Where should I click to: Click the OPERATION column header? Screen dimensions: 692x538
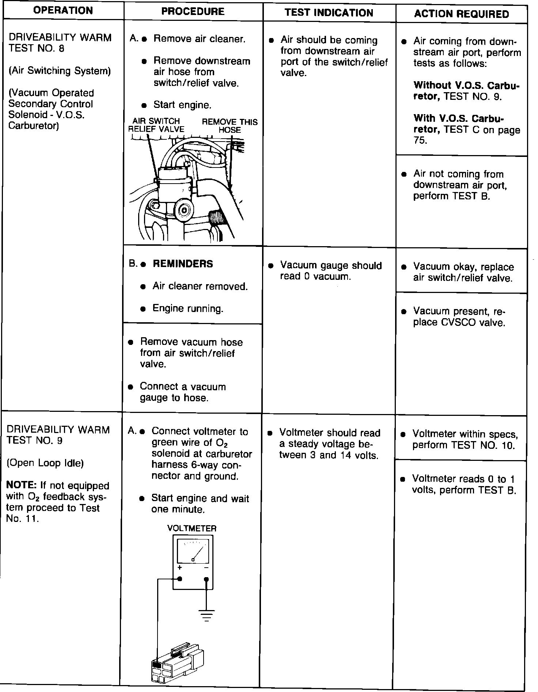click(63, 10)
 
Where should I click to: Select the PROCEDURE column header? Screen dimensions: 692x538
click(193, 11)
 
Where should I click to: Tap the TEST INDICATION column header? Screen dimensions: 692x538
click(329, 13)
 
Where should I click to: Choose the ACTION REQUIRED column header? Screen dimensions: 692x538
click(461, 14)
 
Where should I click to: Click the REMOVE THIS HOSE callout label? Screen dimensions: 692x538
click(230, 126)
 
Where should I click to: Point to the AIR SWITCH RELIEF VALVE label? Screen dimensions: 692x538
click(156, 125)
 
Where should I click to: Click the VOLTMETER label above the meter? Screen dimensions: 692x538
click(192, 528)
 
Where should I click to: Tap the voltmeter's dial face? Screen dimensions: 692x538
click(193, 552)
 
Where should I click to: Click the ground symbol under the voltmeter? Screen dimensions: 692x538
click(207, 616)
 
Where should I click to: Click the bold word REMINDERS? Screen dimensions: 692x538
click(183, 264)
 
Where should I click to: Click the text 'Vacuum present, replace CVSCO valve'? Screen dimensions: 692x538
click(459, 317)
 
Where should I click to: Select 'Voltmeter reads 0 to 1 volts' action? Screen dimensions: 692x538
click(464, 484)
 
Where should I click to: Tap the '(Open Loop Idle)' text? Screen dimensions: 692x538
click(45, 463)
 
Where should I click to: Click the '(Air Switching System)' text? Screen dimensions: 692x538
click(60, 71)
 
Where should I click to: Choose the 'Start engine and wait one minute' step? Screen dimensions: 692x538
click(200, 504)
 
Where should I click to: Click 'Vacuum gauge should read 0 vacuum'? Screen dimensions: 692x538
click(330, 271)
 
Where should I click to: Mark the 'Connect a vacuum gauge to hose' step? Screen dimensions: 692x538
click(183, 392)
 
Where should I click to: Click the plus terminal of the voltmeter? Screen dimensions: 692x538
click(180, 579)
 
